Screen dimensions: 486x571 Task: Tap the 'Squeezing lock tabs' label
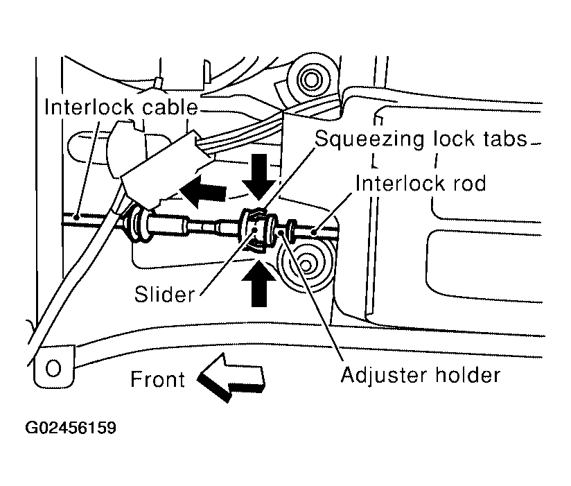(x=421, y=139)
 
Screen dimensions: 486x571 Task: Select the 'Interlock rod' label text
(x=420, y=184)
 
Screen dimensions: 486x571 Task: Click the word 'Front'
(x=157, y=379)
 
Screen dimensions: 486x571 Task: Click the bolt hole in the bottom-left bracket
(x=53, y=365)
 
